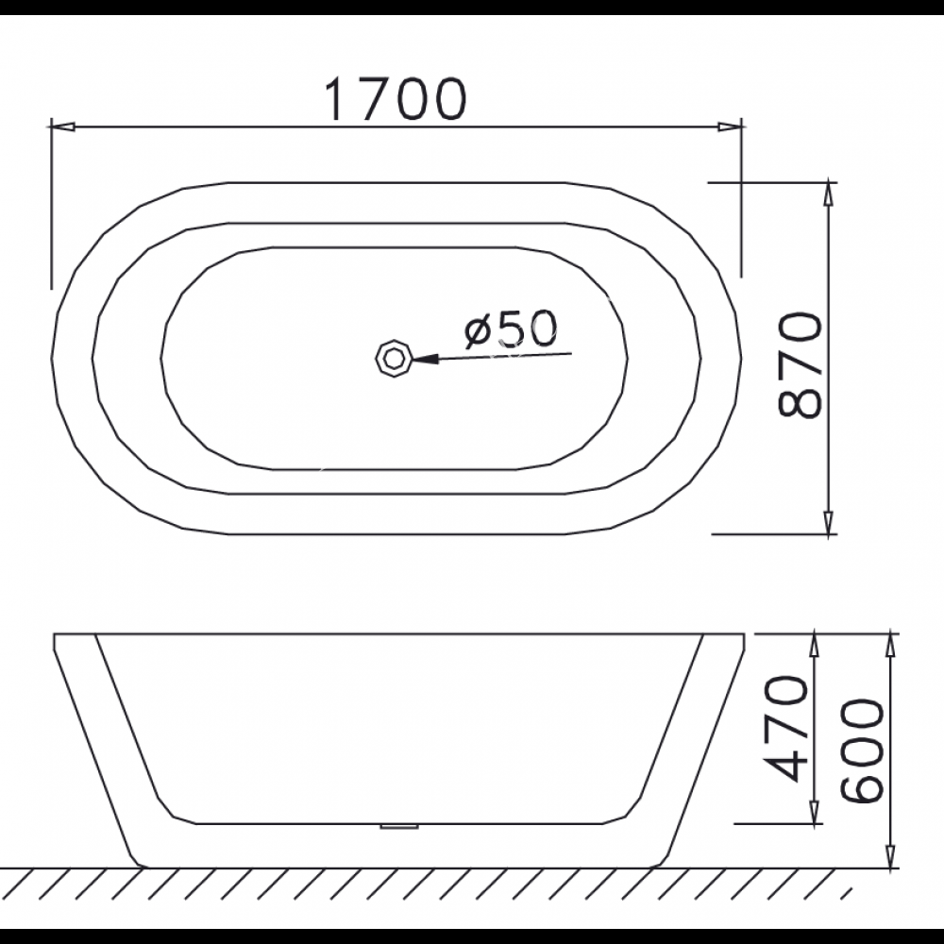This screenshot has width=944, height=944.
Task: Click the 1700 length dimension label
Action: point(395,99)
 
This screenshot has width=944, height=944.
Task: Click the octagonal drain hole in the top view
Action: point(393,358)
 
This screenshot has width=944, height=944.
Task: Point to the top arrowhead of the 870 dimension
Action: point(829,193)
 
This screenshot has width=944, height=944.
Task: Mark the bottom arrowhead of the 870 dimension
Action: point(829,522)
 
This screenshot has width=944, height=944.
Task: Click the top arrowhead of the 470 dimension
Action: point(814,646)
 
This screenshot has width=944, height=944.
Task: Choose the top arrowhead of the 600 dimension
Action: point(890,646)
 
